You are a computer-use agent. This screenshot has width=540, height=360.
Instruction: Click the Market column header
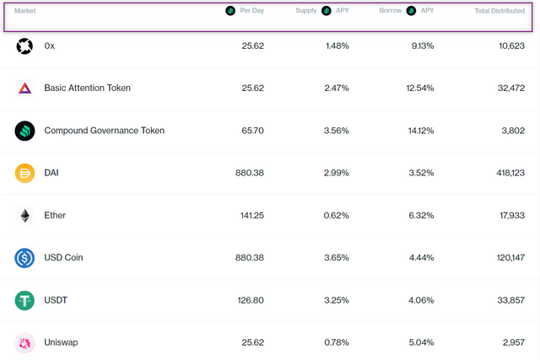click(x=24, y=11)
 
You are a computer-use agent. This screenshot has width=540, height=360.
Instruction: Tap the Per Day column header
click(x=251, y=11)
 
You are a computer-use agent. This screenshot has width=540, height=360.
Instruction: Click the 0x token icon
click(x=24, y=46)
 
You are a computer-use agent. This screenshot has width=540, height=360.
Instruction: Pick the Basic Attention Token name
click(x=87, y=88)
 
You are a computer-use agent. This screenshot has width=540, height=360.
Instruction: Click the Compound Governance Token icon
click(x=24, y=131)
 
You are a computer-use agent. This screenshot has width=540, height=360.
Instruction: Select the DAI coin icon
click(x=24, y=173)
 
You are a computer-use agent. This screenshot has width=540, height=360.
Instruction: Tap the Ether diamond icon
click(x=24, y=215)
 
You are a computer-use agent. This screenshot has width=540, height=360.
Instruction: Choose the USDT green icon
click(x=24, y=300)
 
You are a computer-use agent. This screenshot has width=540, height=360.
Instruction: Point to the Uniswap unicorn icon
click(x=24, y=342)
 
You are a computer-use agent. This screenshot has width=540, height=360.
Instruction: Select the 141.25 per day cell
click(x=250, y=215)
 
